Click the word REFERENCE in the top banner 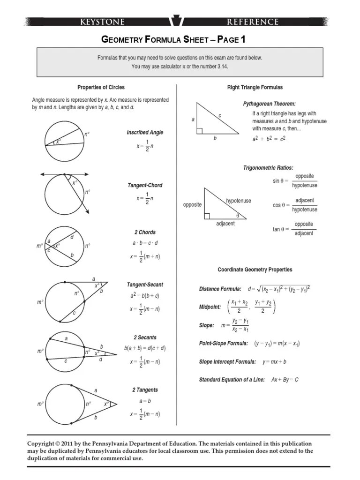pos(253,22)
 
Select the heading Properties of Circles pos(101,87)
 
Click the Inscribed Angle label pos(145,132)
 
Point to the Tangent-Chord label pos(145,185)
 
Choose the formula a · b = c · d pos(145,243)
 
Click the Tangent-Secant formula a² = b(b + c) pos(145,296)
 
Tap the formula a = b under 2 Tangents pos(145,401)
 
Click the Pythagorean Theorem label pos(269,104)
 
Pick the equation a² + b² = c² pos(269,139)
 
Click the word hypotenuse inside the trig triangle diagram pos(239,201)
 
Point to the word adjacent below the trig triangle pos(225,224)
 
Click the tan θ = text pos(282,229)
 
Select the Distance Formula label pos(220,289)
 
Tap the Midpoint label pos(210,307)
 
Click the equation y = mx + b pos(274,361)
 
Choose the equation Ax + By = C pos(285,379)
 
